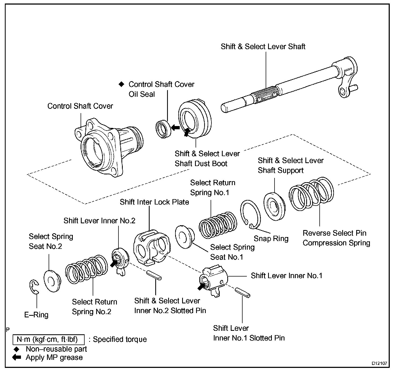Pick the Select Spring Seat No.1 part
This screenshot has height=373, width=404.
click(185, 237)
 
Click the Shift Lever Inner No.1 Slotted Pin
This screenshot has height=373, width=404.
click(243, 292)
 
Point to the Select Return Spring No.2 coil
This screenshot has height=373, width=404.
click(86, 270)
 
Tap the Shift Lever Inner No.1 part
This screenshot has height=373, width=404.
click(214, 281)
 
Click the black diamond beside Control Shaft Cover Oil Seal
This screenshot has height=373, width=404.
click(122, 84)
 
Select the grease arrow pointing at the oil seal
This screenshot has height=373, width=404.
click(175, 128)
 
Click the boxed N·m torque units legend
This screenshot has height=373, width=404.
click(48, 339)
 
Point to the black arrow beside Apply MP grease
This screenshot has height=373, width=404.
click(17, 357)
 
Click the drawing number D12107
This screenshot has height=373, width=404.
click(379, 363)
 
